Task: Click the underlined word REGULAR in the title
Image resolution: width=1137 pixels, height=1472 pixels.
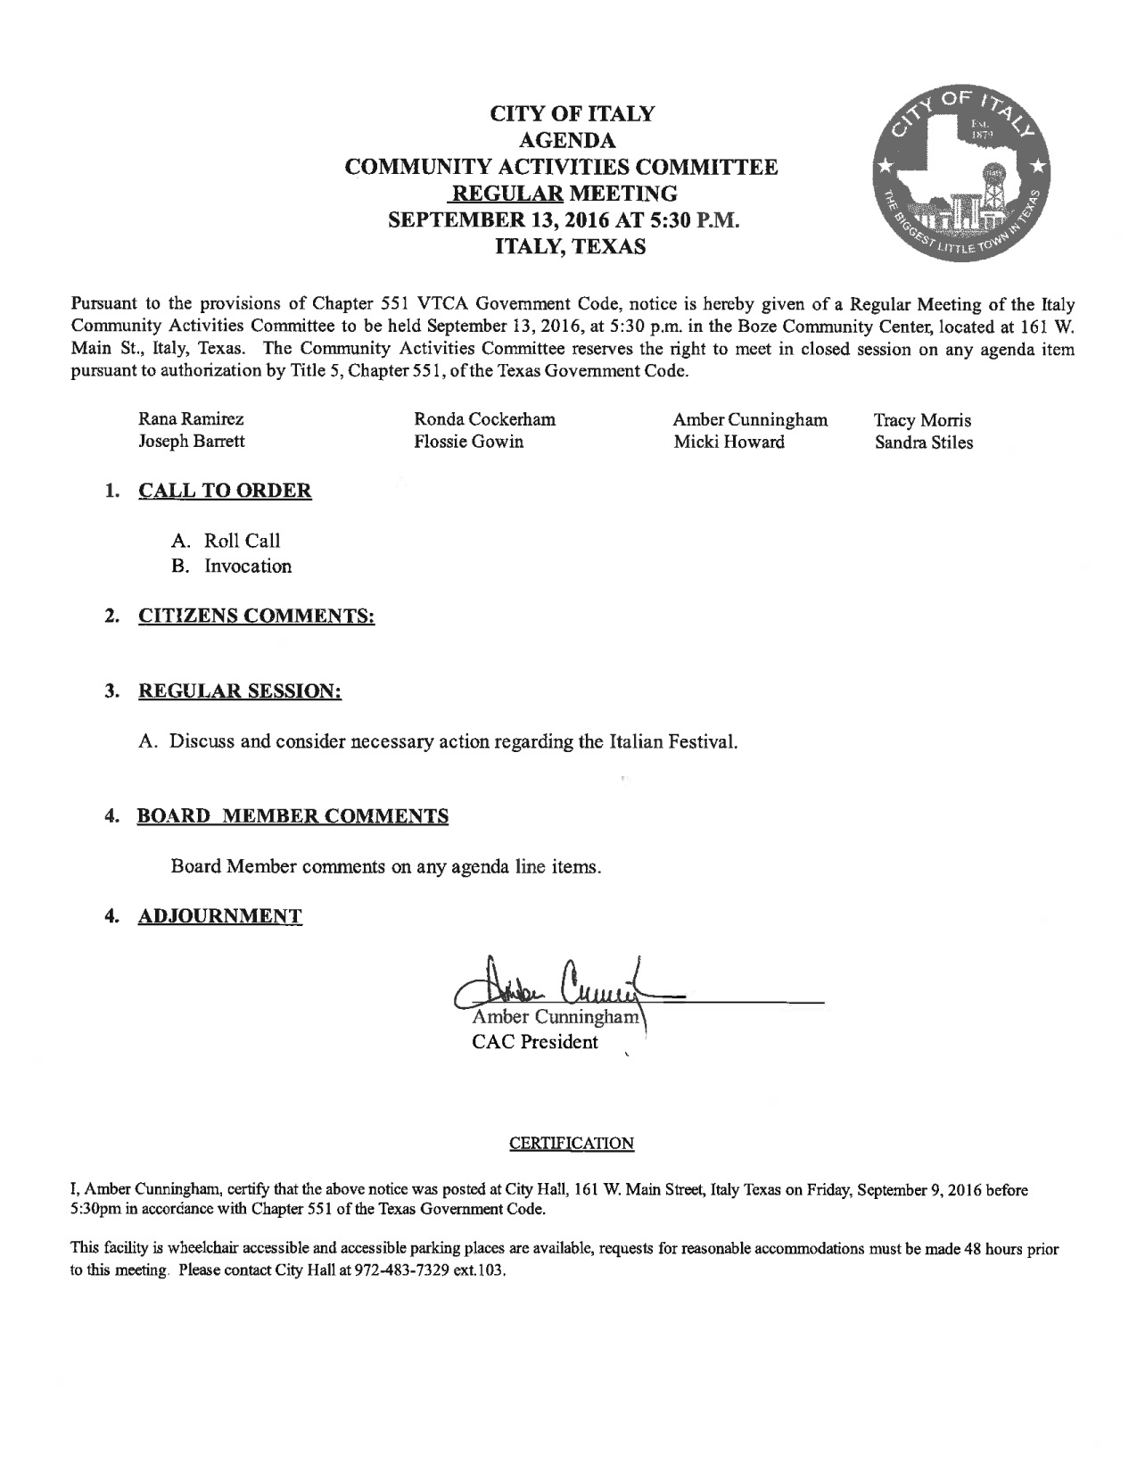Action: (x=505, y=193)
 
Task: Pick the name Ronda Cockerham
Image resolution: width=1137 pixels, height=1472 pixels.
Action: (x=485, y=419)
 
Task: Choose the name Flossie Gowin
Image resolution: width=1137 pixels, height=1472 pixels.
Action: (x=468, y=442)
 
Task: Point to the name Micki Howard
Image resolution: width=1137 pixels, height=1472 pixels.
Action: (x=729, y=442)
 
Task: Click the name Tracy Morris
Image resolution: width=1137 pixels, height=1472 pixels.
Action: (x=922, y=420)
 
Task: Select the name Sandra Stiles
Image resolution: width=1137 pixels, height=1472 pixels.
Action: (x=923, y=442)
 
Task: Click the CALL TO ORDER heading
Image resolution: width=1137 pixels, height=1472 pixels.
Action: (x=225, y=491)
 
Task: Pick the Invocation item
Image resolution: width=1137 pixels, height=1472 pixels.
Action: (x=247, y=566)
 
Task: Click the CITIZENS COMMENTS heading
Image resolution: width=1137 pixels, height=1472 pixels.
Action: (x=256, y=616)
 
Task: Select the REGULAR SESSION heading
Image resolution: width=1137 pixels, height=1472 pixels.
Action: (x=240, y=691)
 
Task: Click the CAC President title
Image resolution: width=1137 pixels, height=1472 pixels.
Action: (x=535, y=1042)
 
